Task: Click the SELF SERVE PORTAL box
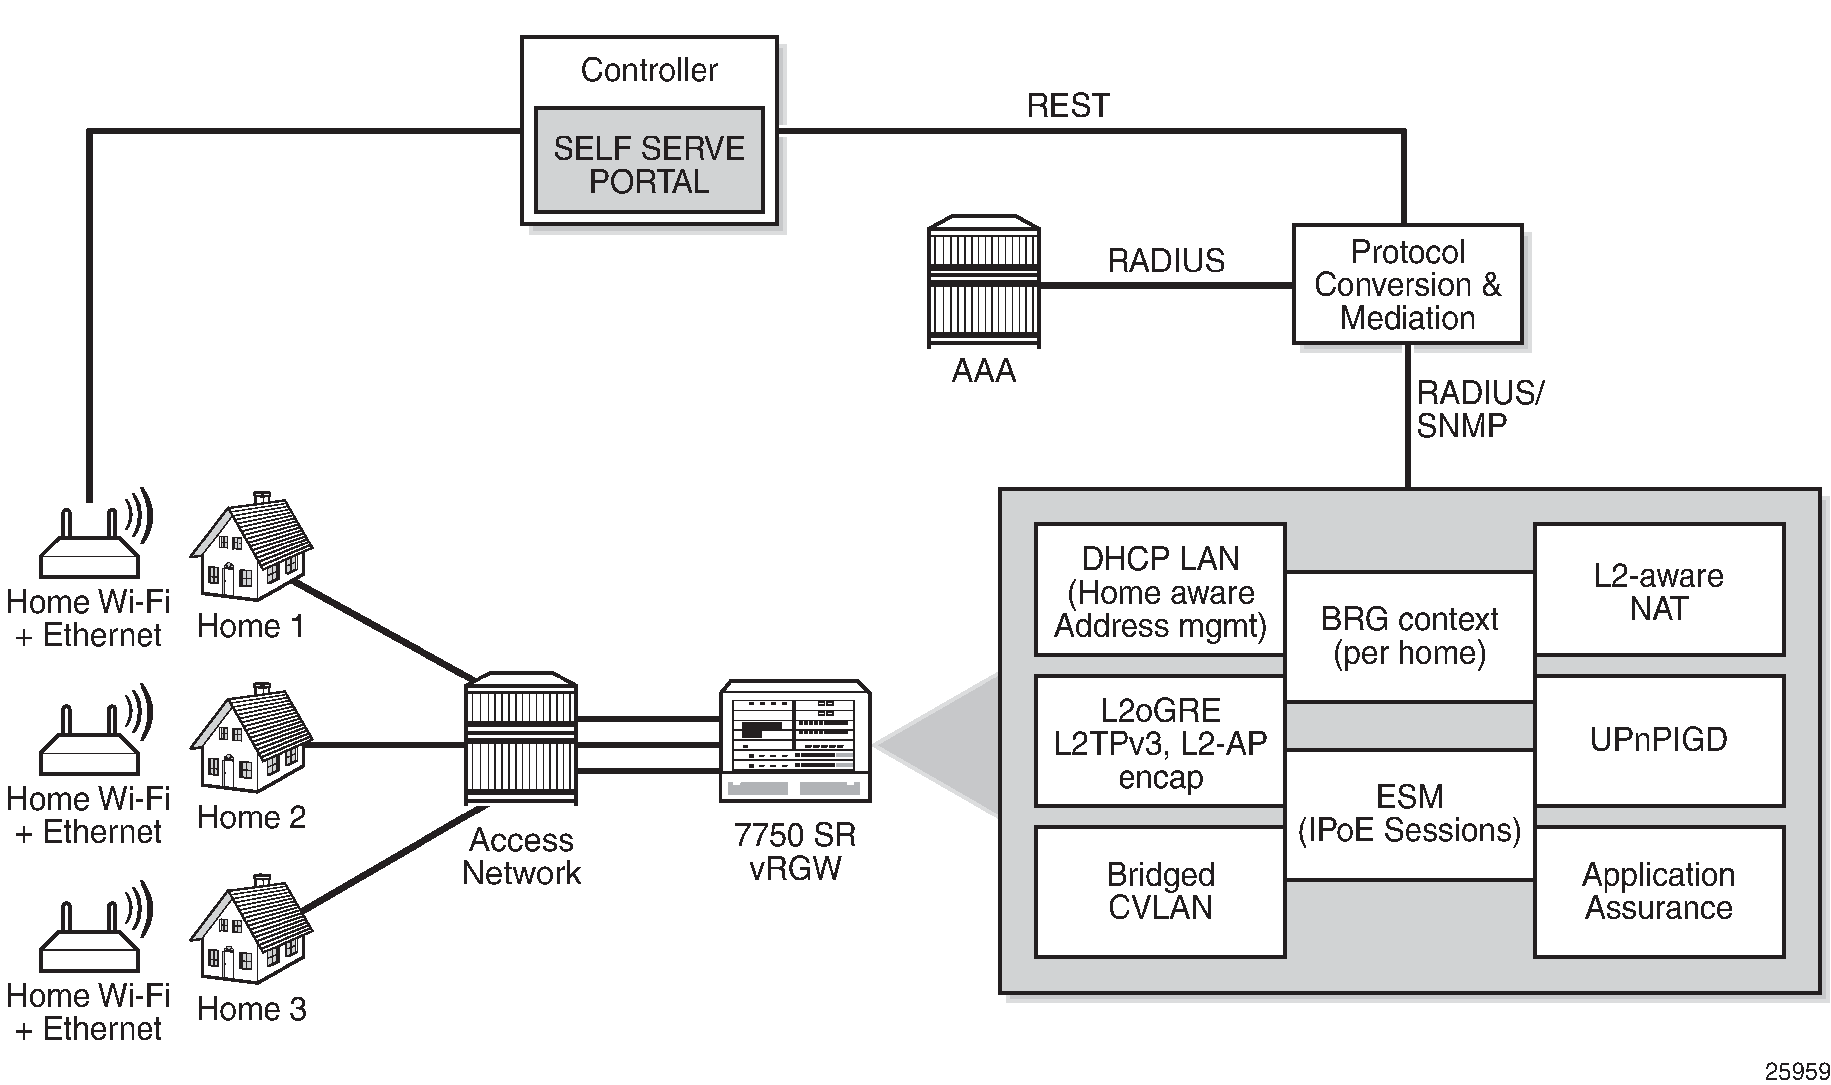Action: [x=649, y=161]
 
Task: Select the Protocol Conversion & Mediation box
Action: [x=1408, y=284]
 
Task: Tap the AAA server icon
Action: [x=984, y=281]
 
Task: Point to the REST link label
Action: [x=1068, y=105]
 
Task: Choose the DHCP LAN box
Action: [x=1160, y=591]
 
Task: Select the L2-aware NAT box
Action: [x=1659, y=591]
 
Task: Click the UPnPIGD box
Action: [x=1659, y=740]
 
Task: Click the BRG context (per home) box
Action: [x=1409, y=636]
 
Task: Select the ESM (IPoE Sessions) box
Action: [x=1409, y=813]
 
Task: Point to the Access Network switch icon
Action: [x=521, y=738]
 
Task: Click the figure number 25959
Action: [x=1796, y=1071]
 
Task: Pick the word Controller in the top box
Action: [x=649, y=70]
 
